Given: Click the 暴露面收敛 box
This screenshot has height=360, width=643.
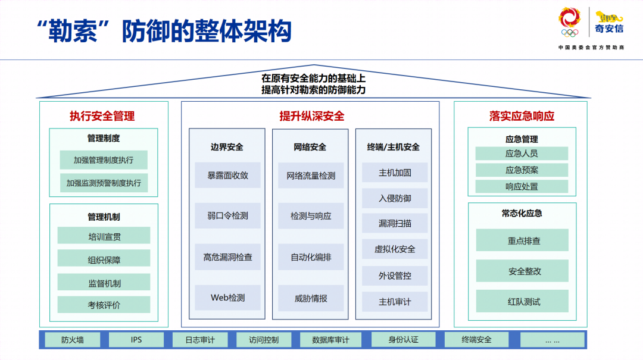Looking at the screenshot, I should pos(227,176).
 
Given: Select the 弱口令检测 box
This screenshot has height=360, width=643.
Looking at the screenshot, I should pos(227,216).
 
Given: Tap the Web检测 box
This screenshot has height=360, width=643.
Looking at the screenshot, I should pos(227,298).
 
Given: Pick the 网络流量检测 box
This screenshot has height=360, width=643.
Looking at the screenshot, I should pos(311,176).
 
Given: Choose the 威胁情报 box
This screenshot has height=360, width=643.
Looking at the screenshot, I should pos(311,298).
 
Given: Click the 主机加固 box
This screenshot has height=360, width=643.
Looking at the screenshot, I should pos(395,173).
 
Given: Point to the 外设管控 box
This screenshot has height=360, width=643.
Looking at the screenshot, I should pos(395,276).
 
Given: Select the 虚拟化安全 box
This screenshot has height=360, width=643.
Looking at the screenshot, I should pos(395,249).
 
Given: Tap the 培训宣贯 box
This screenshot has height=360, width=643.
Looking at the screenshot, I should pos(104,236).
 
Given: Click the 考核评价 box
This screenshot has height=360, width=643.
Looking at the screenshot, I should pos(104,305).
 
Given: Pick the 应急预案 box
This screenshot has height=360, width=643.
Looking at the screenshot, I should pos(522,170).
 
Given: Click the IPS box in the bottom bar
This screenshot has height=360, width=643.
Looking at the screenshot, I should pos(136,340).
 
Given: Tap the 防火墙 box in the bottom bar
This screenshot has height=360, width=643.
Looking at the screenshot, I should pos(73,340).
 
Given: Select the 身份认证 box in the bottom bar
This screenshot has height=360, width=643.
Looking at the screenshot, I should pos(403,339).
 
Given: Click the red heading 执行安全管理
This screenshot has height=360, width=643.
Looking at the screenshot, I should pos(102,116).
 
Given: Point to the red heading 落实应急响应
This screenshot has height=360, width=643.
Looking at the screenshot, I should pos(522,116).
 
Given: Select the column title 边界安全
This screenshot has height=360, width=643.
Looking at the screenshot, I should pos(227,147).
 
